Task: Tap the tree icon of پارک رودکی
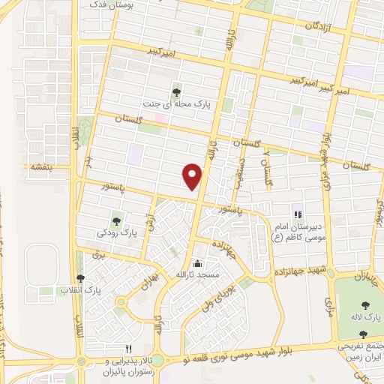coord(116,220)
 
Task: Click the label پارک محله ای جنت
coord(175,104)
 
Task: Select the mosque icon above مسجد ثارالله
coord(198,263)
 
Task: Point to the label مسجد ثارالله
coord(197,275)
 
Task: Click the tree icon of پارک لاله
coord(365,304)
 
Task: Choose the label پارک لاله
coord(366,318)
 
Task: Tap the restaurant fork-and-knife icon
coord(128,349)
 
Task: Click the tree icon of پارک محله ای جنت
coord(176,92)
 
